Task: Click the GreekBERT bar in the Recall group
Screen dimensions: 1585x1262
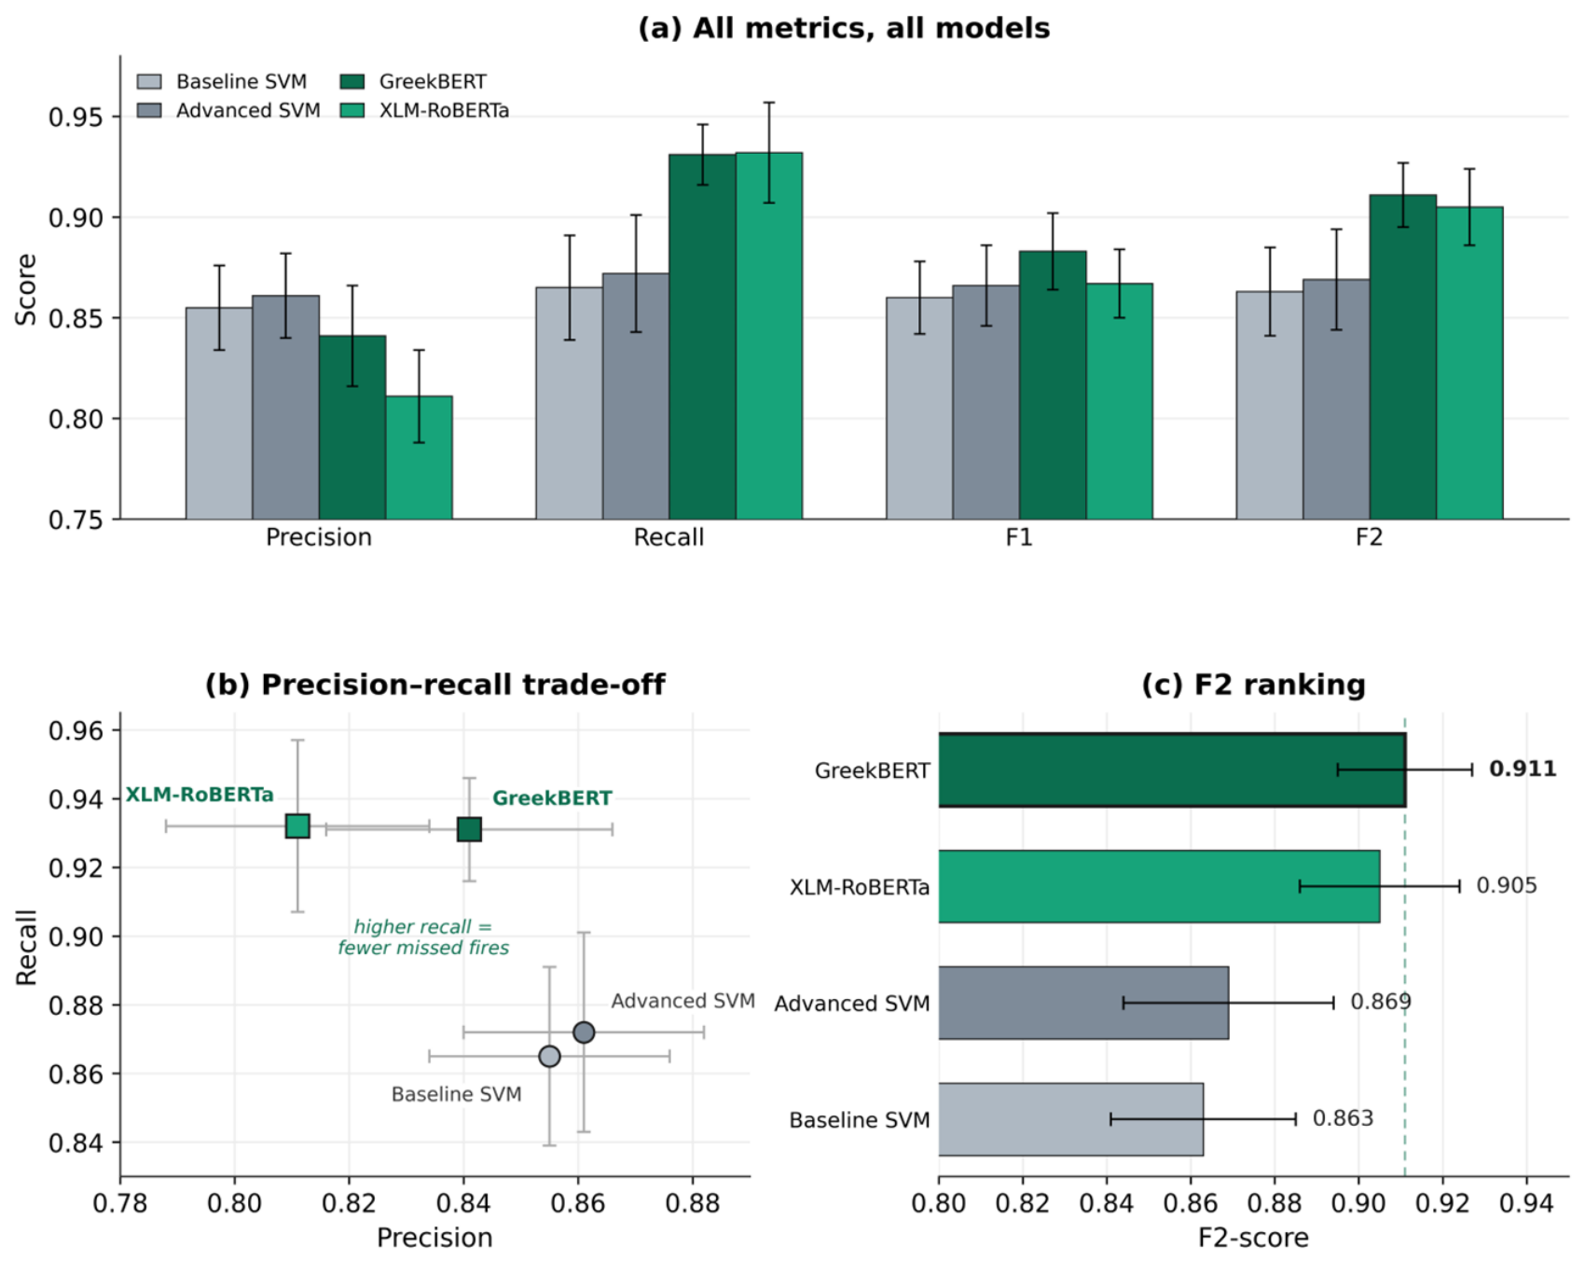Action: pos(702,337)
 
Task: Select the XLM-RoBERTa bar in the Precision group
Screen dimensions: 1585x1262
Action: pos(419,458)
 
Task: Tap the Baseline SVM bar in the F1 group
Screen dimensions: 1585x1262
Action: pos(919,409)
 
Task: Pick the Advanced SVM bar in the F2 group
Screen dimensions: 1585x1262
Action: pos(1336,399)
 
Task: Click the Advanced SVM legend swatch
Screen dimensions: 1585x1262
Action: pos(149,110)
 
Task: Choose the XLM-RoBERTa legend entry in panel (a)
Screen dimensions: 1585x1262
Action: pos(425,110)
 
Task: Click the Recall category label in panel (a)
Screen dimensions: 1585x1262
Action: pos(668,537)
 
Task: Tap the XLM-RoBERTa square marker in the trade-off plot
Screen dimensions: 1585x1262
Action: pos(297,825)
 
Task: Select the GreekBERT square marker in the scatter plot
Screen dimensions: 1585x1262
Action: pos(469,828)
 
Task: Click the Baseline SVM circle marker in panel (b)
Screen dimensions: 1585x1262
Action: pos(550,1056)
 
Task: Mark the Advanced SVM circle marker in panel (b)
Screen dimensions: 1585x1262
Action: pos(584,1032)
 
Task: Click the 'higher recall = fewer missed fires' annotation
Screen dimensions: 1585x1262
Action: pos(423,937)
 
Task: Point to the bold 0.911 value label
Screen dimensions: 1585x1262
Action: pos(1523,769)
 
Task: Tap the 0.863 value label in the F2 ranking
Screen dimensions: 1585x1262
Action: pos(1343,1117)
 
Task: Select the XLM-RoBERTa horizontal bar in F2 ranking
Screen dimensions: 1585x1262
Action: pos(1159,886)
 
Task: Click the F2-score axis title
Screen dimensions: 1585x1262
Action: pos(1253,1238)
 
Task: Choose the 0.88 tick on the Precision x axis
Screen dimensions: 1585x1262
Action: pos(693,1203)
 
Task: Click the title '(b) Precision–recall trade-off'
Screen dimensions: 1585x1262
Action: pos(434,685)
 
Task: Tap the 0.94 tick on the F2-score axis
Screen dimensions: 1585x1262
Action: pos(1526,1203)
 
